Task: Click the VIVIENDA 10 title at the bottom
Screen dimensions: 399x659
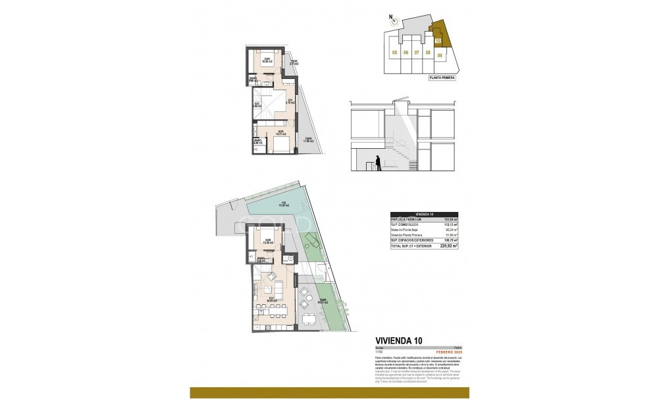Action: click(x=398, y=340)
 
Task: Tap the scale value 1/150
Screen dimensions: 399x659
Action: click(x=379, y=351)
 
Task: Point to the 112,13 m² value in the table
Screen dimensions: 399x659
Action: click(x=451, y=224)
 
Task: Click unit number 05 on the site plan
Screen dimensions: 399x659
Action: click(x=394, y=53)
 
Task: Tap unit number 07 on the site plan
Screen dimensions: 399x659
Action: click(x=417, y=53)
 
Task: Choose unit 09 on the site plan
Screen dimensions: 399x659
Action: click(x=439, y=55)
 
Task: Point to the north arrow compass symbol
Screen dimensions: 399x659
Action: click(x=393, y=20)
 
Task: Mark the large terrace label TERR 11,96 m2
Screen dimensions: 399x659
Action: click(x=307, y=140)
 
